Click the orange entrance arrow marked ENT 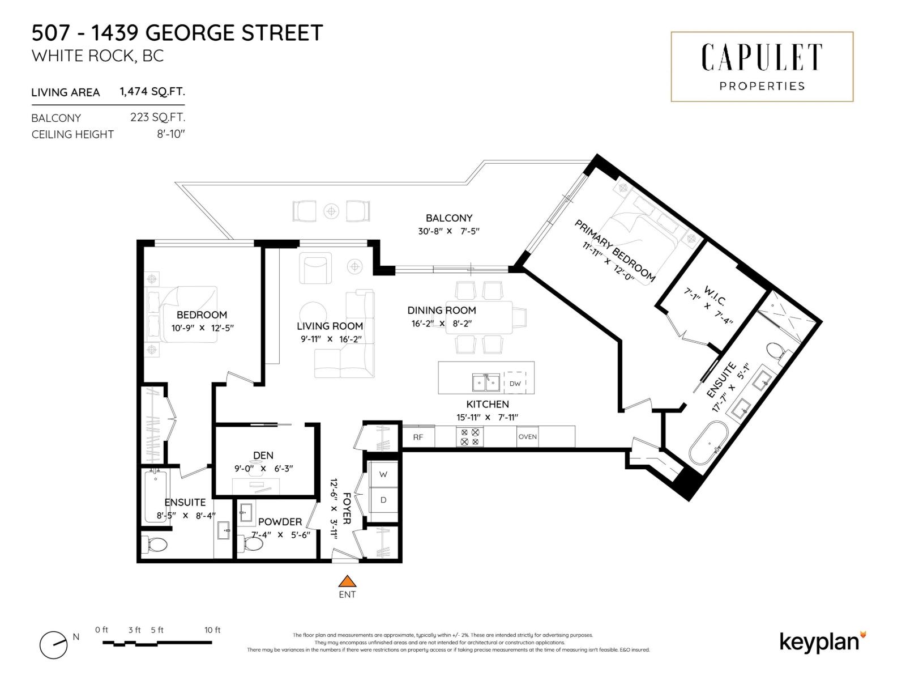pyautogui.click(x=347, y=581)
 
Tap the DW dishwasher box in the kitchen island pyautogui.click(x=515, y=384)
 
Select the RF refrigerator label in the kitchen pyautogui.click(x=418, y=437)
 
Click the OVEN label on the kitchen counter pyautogui.click(x=527, y=436)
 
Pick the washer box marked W pyautogui.click(x=383, y=474)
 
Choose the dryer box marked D pyautogui.click(x=383, y=500)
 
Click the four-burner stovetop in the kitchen pyautogui.click(x=469, y=436)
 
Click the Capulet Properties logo pyautogui.click(x=762, y=67)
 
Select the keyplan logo pyautogui.click(x=822, y=641)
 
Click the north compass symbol pyautogui.click(x=54, y=645)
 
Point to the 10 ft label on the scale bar pyautogui.click(x=212, y=630)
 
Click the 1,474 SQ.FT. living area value pyautogui.click(x=152, y=91)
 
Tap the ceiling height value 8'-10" pyautogui.click(x=171, y=134)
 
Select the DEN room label pyautogui.click(x=263, y=455)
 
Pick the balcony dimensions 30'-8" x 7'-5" pyautogui.click(x=448, y=231)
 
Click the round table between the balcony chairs pyautogui.click(x=331, y=211)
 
